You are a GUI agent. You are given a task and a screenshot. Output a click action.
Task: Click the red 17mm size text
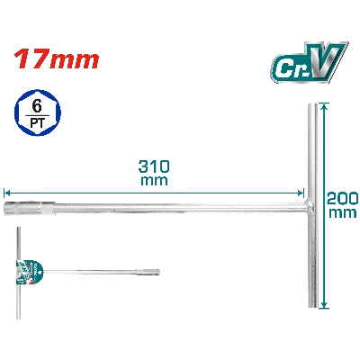coord(57,59)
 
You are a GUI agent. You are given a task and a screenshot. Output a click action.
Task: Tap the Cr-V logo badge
coord(309,62)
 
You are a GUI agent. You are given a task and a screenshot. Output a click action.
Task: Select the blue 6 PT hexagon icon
coord(38,112)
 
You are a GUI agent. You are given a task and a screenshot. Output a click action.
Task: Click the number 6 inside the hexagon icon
coord(37,106)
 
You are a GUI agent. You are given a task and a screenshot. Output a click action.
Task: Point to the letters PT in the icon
coord(37,122)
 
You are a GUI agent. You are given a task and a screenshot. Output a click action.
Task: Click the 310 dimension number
coord(154,166)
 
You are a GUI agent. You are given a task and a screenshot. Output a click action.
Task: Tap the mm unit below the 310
coord(154,181)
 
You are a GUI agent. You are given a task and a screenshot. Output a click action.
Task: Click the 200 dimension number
coord(343,198)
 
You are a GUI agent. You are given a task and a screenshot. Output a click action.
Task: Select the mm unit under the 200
coord(343,212)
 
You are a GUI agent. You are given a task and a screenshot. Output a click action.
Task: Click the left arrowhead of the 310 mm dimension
coord(7,193)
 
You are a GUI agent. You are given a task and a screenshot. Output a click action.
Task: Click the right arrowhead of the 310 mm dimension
coord(301,193)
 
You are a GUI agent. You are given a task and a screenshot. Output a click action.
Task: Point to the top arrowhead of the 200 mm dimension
coord(323,107)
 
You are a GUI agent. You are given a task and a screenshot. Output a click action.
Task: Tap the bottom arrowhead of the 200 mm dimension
coord(323,304)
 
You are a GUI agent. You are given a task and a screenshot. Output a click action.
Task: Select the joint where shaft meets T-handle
coord(310,205)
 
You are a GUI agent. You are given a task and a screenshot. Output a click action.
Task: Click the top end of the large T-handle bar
coord(312,105)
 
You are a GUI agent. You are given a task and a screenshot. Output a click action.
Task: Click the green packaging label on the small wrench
coord(29,273)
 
